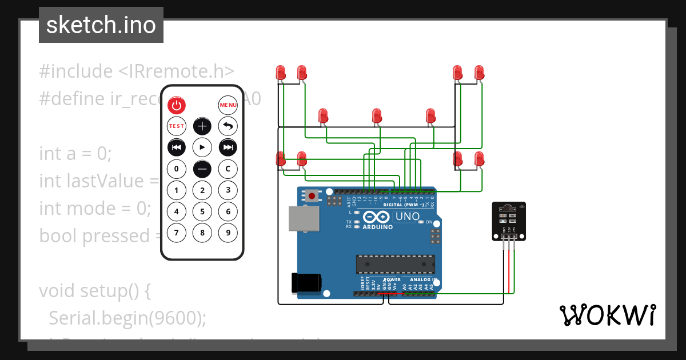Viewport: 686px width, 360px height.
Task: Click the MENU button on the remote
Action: click(x=228, y=105)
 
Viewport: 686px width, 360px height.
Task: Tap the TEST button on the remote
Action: click(x=177, y=126)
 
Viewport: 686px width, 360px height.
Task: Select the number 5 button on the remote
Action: click(x=202, y=211)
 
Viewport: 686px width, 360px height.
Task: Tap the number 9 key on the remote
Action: click(x=228, y=233)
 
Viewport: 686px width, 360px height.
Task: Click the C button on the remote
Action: click(x=228, y=169)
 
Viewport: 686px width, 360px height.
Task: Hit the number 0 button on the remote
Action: click(x=177, y=169)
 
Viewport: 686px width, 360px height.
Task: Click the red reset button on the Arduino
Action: click(x=312, y=196)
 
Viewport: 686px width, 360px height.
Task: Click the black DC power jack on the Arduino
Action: click(x=306, y=283)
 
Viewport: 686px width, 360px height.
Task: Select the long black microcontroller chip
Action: click(x=395, y=264)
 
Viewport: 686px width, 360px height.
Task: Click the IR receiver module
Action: click(x=509, y=221)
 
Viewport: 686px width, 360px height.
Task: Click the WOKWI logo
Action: click(x=607, y=315)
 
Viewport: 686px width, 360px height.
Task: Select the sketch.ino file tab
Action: click(x=101, y=25)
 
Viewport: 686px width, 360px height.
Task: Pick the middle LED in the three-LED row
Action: click(x=377, y=116)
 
